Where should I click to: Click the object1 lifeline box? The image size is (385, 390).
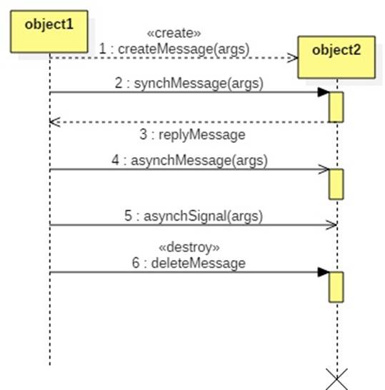pos(49,31)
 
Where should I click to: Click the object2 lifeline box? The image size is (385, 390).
pos(336,57)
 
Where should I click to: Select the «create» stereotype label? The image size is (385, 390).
pos(174,33)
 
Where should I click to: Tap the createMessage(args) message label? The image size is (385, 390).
pos(174,49)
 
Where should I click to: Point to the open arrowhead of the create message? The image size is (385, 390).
pos(293,58)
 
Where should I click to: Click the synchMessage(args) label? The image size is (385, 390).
pos(189,83)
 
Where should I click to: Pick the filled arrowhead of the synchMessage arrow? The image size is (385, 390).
pos(324,92)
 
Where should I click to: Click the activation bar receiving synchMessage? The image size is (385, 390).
pos(336,107)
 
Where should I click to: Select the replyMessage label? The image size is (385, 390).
pos(193,135)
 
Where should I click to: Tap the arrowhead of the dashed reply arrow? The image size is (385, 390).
pos(55,122)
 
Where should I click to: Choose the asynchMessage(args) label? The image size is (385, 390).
pos(189,161)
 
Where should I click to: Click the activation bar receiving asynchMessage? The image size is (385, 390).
pos(336,184)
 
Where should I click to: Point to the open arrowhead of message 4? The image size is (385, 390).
pos(324,169)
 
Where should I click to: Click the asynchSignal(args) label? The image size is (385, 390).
pos(194,216)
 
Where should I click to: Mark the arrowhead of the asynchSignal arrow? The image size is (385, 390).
pos(331,225)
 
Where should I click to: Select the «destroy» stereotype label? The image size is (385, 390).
pos(189,247)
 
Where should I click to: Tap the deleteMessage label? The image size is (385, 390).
pos(189,263)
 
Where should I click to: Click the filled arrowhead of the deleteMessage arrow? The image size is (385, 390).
pos(324,272)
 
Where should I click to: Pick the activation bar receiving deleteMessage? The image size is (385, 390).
pos(336,287)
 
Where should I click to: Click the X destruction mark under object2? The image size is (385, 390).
pos(337,379)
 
